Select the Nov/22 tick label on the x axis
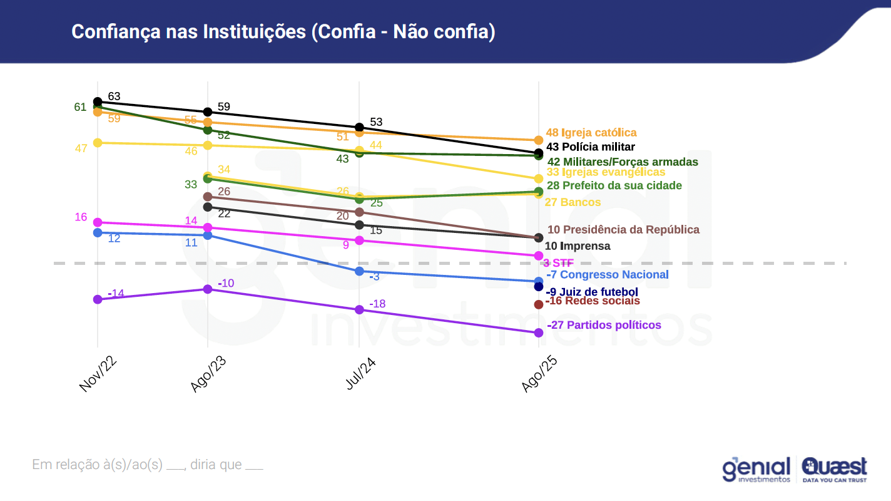click(x=99, y=375)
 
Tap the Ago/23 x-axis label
click(x=208, y=375)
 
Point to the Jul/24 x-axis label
click(x=360, y=374)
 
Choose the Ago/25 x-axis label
click(x=539, y=376)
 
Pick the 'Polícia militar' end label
click(x=599, y=147)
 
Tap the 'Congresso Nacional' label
click(x=616, y=274)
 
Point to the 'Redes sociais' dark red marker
click(x=539, y=304)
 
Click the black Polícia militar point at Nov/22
click(x=98, y=101)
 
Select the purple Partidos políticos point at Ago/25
click(x=539, y=333)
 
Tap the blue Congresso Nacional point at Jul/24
click(x=359, y=271)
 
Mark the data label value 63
click(x=114, y=96)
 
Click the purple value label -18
click(x=377, y=304)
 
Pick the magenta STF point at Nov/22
click(x=98, y=222)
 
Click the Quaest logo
click(x=834, y=469)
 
